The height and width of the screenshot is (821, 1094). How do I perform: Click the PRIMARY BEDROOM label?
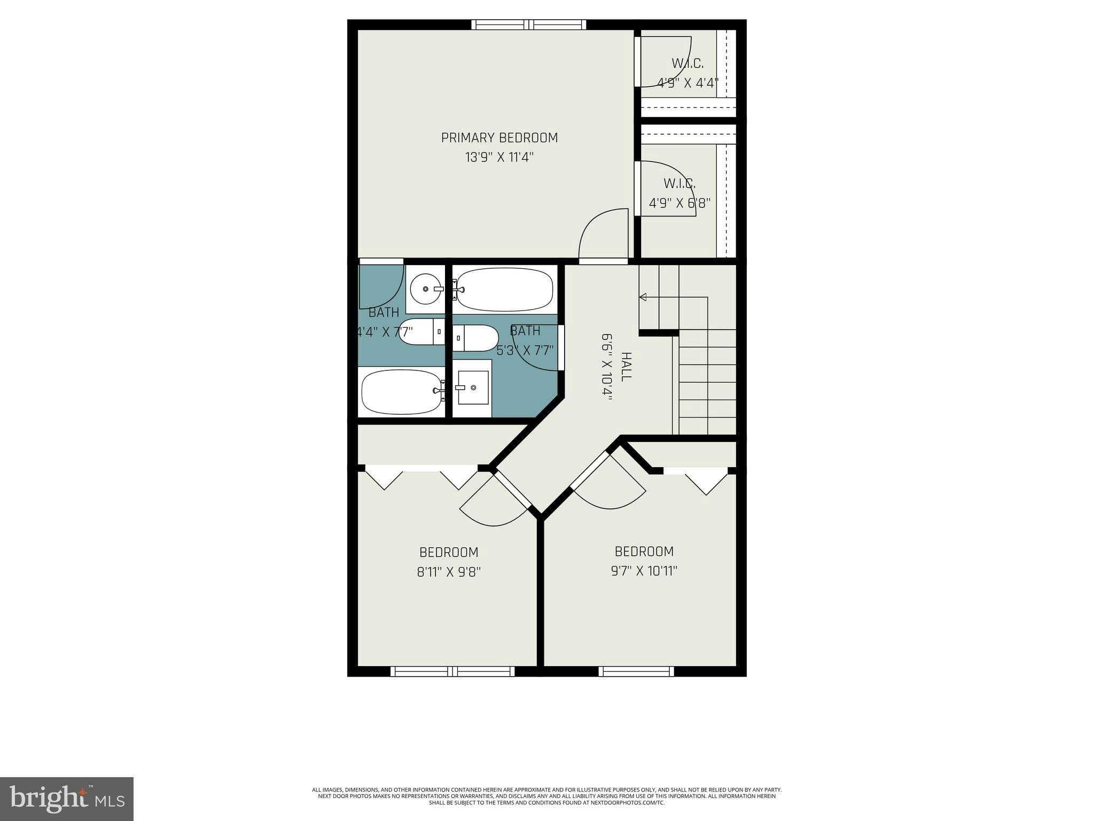point(499,138)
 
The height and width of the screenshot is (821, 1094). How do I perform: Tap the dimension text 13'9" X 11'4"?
point(499,158)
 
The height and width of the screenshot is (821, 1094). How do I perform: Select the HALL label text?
point(626,366)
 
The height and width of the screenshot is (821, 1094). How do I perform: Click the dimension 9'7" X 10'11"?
point(644,571)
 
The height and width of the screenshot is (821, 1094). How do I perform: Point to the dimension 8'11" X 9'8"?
point(449,572)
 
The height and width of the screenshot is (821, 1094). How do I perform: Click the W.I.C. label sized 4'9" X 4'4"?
point(687,64)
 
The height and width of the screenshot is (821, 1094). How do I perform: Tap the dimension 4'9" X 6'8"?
point(679,204)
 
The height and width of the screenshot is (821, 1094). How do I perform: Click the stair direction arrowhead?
point(643,297)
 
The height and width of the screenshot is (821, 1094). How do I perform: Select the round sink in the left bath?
point(426,289)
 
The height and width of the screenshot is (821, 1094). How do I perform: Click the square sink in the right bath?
point(473,387)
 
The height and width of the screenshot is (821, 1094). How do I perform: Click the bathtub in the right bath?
point(504,290)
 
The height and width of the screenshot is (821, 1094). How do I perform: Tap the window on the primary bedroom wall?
point(528,25)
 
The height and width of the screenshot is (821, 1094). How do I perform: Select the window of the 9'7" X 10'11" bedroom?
point(636,671)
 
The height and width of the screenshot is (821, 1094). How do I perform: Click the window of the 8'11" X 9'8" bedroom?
point(452,671)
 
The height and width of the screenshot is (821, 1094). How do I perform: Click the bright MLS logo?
point(67,799)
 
